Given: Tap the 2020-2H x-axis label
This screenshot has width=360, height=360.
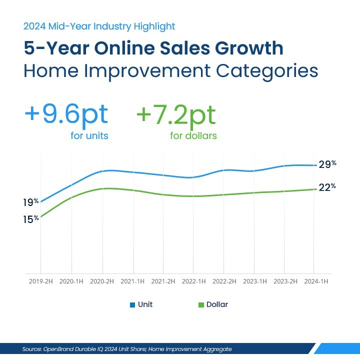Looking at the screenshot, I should [x=102, y=281].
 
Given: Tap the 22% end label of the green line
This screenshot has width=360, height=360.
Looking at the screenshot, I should [x=327, y=187].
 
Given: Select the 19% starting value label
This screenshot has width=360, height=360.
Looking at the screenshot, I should [x=30, y=202].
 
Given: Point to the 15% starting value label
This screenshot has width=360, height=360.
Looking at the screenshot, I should [x=30, y=219].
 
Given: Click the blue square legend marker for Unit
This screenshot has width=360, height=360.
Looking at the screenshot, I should [x=132, y=304].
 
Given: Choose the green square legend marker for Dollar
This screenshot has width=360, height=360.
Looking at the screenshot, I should [x=201, y=304].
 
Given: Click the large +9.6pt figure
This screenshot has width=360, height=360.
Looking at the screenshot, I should [x=66, y=114].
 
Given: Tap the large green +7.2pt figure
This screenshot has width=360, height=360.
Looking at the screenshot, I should [x=176, y=114].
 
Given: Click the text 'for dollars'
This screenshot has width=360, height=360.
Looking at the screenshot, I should [x=193, y=135].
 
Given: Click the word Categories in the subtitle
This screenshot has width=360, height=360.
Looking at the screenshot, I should [x=267, y=70].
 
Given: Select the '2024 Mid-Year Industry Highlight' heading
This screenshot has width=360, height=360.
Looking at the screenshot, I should [x=99, y=26].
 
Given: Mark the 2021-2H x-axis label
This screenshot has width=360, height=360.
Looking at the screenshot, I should [x=163, y=281].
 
